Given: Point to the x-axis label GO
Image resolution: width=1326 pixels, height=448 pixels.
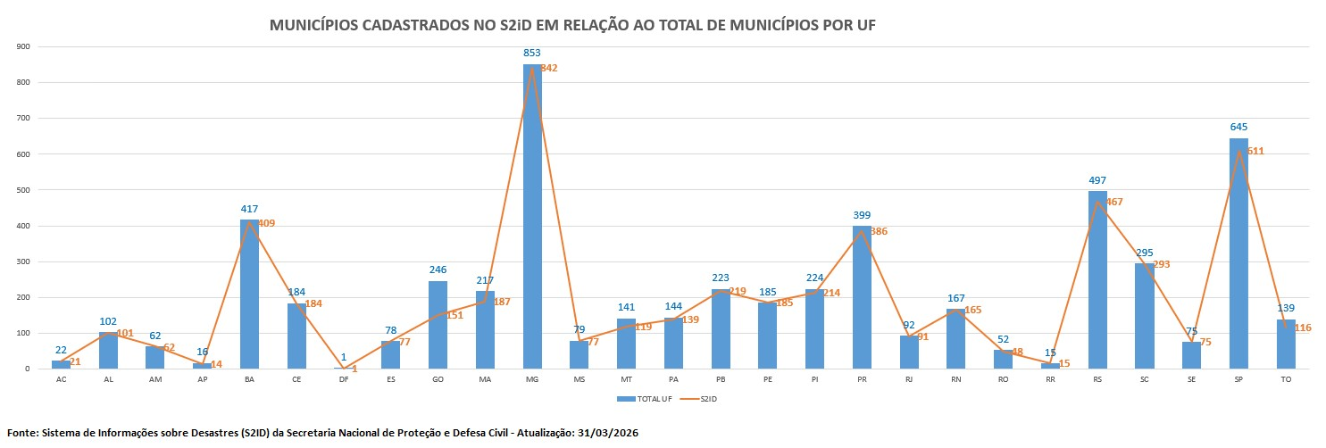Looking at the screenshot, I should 438,380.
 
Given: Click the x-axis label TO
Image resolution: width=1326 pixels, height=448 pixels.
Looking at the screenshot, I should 1286,380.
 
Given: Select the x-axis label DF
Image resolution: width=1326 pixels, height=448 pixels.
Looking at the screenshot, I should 344,380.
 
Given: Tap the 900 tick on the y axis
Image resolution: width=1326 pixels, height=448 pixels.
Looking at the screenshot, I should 22,46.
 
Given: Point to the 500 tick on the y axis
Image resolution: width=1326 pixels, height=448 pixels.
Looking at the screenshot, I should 22,190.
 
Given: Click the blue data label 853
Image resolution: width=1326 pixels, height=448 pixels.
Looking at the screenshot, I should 532,54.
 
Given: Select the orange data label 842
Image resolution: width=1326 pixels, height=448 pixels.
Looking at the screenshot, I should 548,69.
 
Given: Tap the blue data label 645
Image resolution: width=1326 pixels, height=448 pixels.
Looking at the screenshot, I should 1238,128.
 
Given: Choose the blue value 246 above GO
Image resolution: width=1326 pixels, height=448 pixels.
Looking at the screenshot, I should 438,270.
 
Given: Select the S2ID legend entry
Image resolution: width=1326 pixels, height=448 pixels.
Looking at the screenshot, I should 702,399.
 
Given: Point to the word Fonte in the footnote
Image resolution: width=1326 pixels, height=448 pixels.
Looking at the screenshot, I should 22,433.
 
